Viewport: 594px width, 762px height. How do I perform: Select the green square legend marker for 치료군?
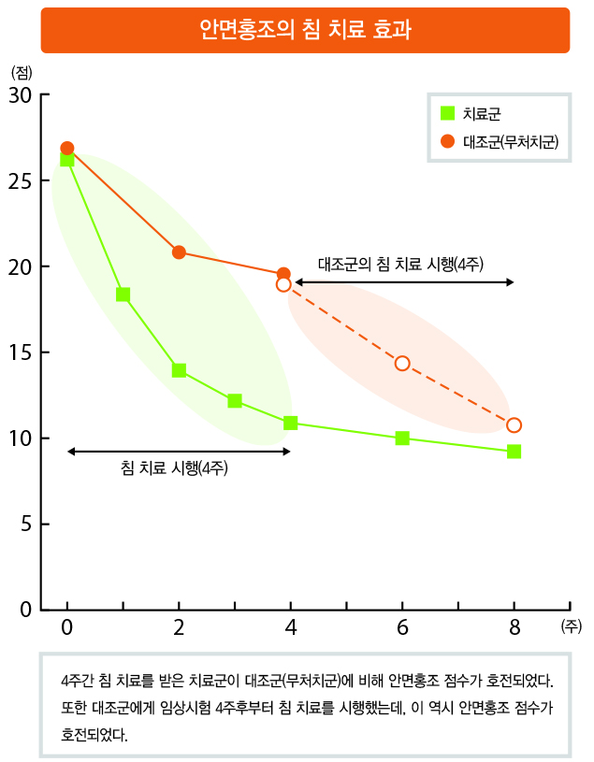tap(448, 114)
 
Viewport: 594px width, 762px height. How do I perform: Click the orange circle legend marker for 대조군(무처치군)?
tap(448, 141)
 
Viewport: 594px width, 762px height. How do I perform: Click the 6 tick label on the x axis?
tap(402, 627)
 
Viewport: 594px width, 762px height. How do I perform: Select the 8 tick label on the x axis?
tap(514, 627)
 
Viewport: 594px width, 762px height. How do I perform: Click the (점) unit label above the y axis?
tap(21, 72)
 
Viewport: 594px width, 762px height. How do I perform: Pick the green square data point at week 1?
tap(123, 295)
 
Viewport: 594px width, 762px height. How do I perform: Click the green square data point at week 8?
tap(514, 452)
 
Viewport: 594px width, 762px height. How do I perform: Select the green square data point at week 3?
tap(235, 401)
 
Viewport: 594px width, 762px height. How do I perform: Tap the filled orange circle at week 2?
tap(179, 252)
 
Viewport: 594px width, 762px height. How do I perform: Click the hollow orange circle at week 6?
tap(402, 364)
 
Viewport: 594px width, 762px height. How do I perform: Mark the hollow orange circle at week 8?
tap(514, 425)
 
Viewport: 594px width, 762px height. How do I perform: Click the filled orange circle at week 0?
tap(67, 149)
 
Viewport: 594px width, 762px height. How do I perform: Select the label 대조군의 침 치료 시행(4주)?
tap(400, 263)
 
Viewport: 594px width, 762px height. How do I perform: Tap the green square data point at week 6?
tap(402, 438)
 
